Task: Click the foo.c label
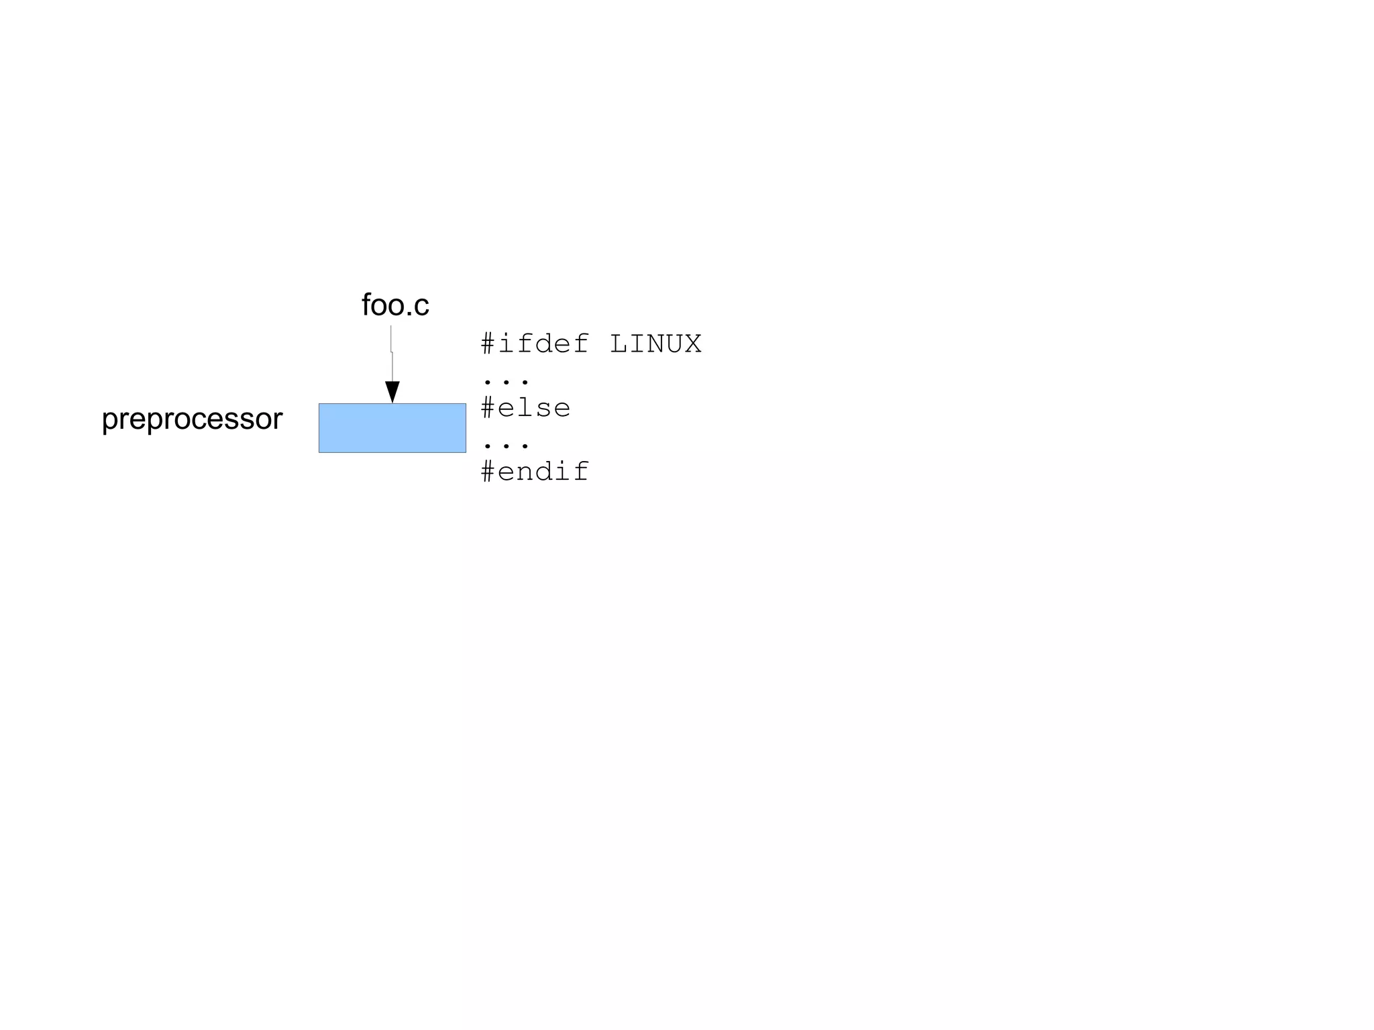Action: (x=395, y=305)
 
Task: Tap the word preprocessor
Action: (x=192, y=419)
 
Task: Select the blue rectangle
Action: (x=392, y=428)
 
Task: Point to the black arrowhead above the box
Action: (x=392, y=391)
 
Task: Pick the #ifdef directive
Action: (x=535, y=344)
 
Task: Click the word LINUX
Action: (x=655, y=344)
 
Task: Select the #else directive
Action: (x=525, y=408)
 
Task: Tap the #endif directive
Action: (x=535, y=472)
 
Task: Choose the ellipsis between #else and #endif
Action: (x=507, y=445)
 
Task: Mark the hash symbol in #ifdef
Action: (x=488, y=344)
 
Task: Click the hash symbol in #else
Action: (x=488, y=408)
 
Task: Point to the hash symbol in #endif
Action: (x=488, y=472)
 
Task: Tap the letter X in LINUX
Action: (x=692, y=344)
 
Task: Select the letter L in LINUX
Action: (x=618, y=344)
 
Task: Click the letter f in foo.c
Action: (x=366, y=305)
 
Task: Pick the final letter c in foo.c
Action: (x=421, y=307)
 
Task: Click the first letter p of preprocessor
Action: (x=109, y=421)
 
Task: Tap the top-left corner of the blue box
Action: (x=319, y=404)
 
